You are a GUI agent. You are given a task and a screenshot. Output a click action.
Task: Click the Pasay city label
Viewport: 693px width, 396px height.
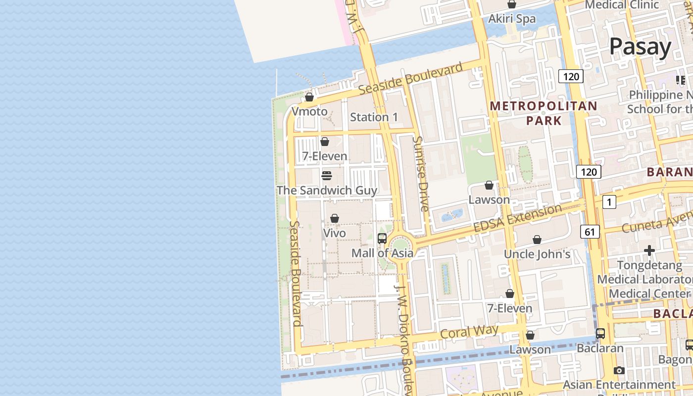pyautogui.click(x=640, y=47)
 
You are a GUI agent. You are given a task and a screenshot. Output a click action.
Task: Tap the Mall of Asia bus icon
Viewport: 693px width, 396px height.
pyautogui.click(x=382, y=238)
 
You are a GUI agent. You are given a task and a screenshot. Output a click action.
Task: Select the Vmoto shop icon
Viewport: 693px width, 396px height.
pyautogui.click(x=309, y=97)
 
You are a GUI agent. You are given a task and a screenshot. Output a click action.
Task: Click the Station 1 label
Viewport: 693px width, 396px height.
pyautogui.click(x=374, y=117)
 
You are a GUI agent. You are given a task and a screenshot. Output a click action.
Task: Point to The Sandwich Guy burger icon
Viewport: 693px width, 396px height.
pyautogui.click(x=326, y=176)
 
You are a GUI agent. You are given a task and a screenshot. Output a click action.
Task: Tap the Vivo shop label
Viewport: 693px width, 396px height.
pyautogui.click(x=335, y=233)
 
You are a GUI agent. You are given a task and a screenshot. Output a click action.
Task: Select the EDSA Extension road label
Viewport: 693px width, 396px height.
pyautogui.click(x=517, y=218)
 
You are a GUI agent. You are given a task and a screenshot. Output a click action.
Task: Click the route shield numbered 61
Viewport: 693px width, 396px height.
pyautogui.click(x=589, y=231)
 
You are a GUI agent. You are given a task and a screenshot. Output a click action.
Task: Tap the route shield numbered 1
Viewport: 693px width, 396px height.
pyautogui.click(x=609, y=201)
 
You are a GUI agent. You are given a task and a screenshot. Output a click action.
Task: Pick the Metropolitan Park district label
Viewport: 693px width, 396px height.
pyautogui.click(x=544, y=113)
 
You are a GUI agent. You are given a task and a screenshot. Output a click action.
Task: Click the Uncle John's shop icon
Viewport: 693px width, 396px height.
pyautogui.click(x=537, y=240)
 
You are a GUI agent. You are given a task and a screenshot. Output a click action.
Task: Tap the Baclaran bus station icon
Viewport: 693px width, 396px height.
pyautogui.click(x=600, y=334)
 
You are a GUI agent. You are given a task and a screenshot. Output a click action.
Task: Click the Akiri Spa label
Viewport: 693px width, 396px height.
pyautogui.click(x=512, y=19)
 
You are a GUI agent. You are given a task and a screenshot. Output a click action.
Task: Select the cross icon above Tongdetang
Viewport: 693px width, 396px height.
pyautogui.click(x=649, y=251)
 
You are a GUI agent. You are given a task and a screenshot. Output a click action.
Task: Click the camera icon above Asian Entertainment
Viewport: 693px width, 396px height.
pyautogui.click(x=619, y=370)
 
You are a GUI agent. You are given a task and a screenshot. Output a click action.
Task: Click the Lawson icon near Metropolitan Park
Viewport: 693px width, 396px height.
pyautogui.click(x=489, y=185)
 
